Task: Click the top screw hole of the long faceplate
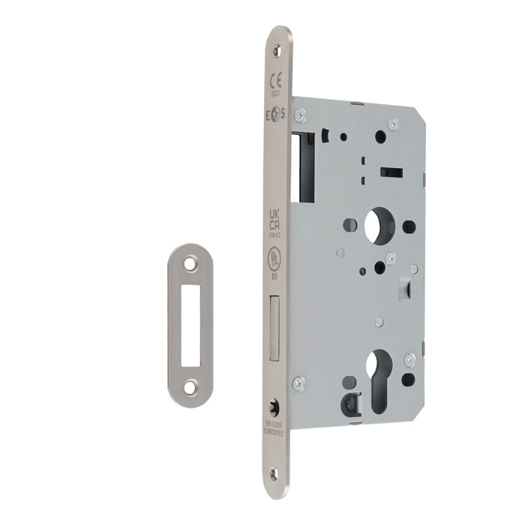click(x=279, y=49)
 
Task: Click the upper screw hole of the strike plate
click(x=190, y=264)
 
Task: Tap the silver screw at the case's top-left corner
click(x=300, y=114)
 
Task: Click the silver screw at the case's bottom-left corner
click(x=298, y=383)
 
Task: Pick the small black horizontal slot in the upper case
click(x=391, y=173)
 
